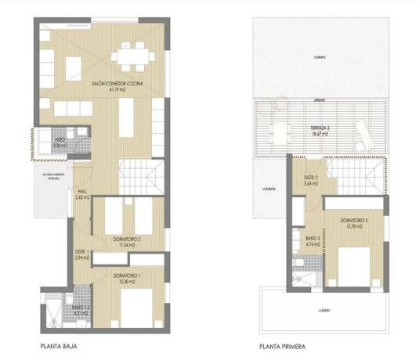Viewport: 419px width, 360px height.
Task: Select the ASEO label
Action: (x=60, y=140)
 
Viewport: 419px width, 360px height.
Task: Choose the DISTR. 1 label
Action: (x=82, y=252)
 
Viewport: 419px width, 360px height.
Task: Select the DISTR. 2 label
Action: (x=310, y=178)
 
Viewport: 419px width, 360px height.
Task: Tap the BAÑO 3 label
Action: (x=312, y=238)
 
